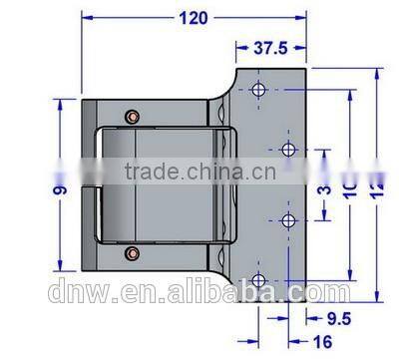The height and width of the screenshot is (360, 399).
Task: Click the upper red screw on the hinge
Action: pyautogui.click(x=131, y=118)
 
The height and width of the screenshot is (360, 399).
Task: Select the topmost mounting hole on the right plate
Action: pyautogui.click(x=259, y=91)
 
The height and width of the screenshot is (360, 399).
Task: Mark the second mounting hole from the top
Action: pyautogui.click(x=288, y=151)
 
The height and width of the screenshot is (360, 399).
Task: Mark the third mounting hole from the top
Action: pyautogui.click(x=288, y=221)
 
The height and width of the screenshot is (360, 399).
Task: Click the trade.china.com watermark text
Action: pyautogui.click(x=199, y=171)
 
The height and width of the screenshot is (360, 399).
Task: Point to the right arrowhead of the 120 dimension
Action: pyautogui.click(x=305, y=18)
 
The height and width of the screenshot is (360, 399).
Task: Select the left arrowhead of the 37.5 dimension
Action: pyautogui.click(x=238, y=47)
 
